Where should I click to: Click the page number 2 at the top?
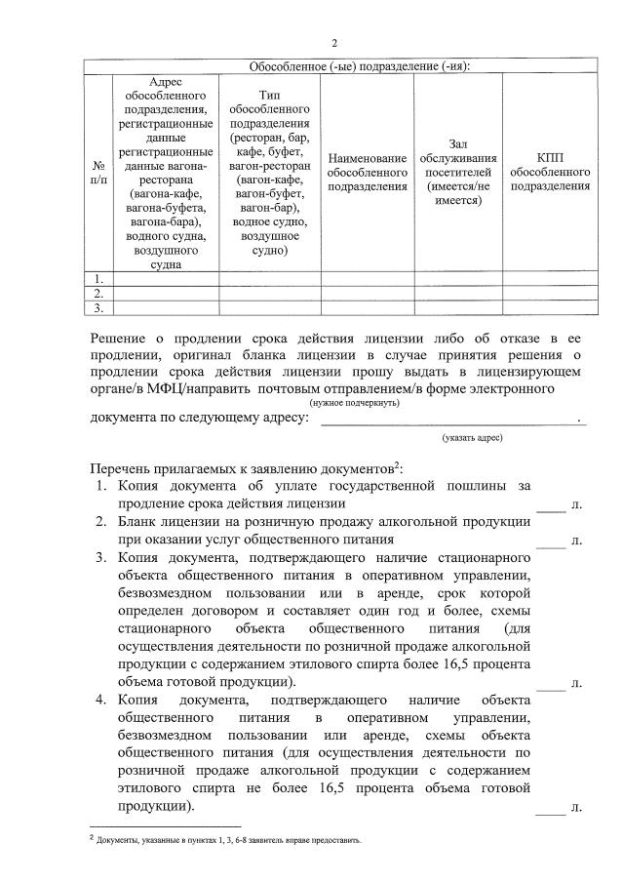pyautogui.click(x=334, y=43)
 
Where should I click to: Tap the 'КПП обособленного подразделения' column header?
pyautogui.click(x=550, y=172)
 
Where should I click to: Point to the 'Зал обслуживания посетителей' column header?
pyautogui.click(x=457, y=172)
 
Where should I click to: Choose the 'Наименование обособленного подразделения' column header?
pyautogui.click(x=367, y=172)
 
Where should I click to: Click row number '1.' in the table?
pyautogui.click(x=98, y=279)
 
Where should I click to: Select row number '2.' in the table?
pyautogui.click(x=98, y=294)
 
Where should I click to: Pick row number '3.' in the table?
pyautogui.click(x=98, y=308)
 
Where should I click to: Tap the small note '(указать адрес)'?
pyautogui.click(x=472, y=438)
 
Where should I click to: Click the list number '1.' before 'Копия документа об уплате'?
pyautogui.click(x=102, y=485)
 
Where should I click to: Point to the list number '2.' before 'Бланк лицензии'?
pyautogui.click(x=102, y=522)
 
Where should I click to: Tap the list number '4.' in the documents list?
pyautogui.click(x=102, y=701)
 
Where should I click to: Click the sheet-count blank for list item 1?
pyautogui.click(x=551, y=506)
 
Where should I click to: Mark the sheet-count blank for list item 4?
pyautogui.click(x=551, y=808)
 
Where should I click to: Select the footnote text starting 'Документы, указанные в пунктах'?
pyautogui.click(x=229, y=838)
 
